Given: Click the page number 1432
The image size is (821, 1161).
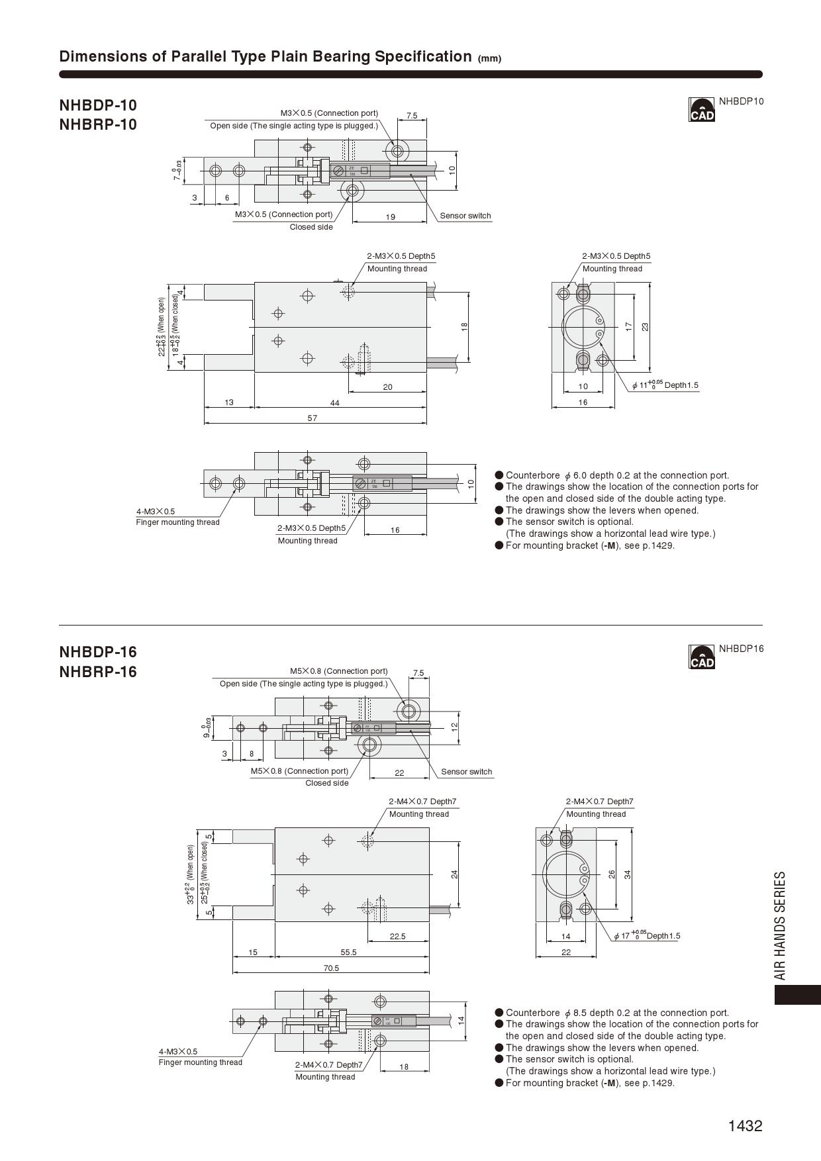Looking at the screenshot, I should [745, 1126].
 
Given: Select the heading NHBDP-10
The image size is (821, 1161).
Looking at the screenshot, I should [98, 105].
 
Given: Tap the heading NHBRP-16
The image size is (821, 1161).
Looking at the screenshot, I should [98, 672].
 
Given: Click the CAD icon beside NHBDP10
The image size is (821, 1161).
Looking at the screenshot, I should [702, 110].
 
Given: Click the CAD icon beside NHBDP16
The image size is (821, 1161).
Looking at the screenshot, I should [702, 657].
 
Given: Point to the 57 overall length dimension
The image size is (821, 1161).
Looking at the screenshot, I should [313, 418].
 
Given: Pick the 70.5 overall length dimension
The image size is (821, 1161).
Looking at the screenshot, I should [331, 968].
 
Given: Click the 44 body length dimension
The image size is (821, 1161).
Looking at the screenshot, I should [335, 403].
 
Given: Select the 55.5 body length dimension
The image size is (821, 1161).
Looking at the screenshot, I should [348, 952].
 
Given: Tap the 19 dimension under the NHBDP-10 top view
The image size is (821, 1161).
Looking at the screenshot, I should [391, 217].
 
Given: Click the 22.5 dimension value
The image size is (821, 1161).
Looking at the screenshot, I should [397, 937].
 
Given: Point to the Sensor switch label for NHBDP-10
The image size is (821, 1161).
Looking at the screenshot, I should [465, 216].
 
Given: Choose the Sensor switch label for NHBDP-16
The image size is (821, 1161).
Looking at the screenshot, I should [467, 772].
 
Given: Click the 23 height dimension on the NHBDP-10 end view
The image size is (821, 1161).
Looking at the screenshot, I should [646, 326].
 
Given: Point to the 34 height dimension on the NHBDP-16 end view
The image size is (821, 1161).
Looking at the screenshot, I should [628, 874].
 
